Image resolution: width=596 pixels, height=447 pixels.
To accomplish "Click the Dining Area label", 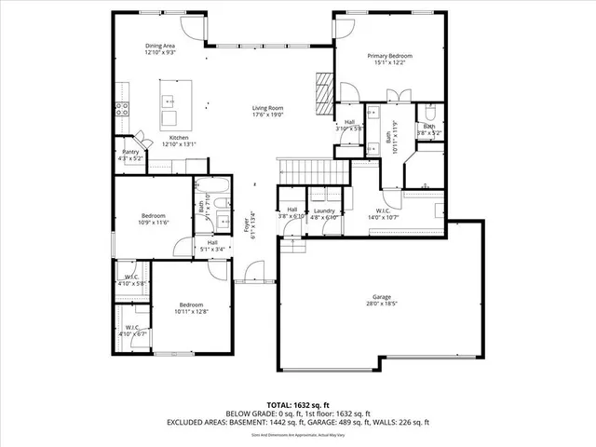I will (160, 45).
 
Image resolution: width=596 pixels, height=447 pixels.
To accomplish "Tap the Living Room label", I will (267, 108).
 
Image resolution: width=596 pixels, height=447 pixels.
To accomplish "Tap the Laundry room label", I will (324, 210).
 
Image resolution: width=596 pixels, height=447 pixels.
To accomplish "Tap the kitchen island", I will (170, 103).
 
